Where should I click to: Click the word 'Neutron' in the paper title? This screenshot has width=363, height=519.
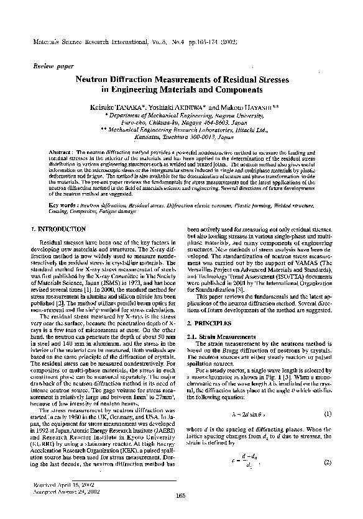pos(94,79)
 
